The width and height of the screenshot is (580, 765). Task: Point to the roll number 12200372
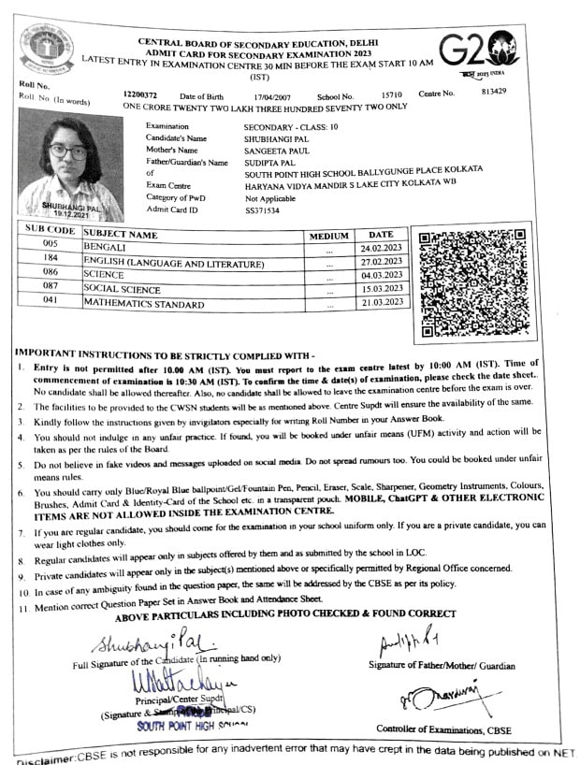coord(140,95)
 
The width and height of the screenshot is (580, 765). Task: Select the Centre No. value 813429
coord(493,92)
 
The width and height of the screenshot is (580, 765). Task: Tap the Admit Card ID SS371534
coord(262,211)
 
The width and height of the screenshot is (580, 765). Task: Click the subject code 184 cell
coord(51,259)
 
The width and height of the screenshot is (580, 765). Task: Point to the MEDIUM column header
coord(328,236)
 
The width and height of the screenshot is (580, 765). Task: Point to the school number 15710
coord(391,95)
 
